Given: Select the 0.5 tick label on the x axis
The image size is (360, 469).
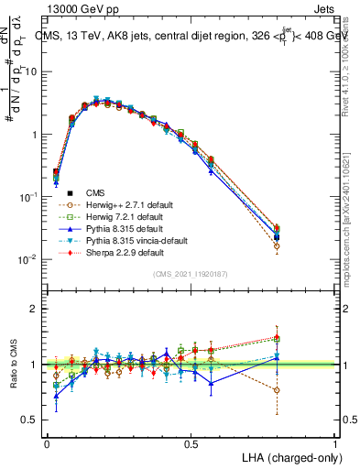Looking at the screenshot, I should pyautogui.click(x=191, y=442).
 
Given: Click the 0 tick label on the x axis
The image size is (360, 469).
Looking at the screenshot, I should pyautogui.click(x=47, y=442).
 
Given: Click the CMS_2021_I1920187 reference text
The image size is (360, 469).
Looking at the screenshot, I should pyautogui.click(x=191, y=274).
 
